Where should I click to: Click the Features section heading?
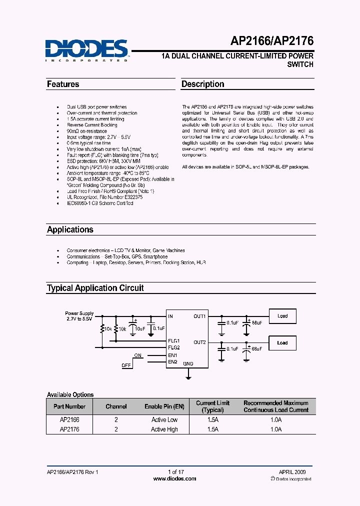63,84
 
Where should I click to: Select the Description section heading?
202,84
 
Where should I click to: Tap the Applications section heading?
70,229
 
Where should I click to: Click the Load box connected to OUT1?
282,316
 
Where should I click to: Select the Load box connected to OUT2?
282,343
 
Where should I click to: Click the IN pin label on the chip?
170,316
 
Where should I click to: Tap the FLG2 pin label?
173,347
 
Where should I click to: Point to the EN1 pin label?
172,355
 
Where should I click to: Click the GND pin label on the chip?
188,363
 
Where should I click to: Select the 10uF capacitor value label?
139,328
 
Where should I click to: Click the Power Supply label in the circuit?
79,313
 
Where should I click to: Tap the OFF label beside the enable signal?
126,365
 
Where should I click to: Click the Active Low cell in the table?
164,420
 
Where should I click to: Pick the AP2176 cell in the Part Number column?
69,429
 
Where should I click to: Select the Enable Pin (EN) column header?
164,406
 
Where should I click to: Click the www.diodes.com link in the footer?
174,478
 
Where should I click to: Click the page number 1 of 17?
176,472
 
